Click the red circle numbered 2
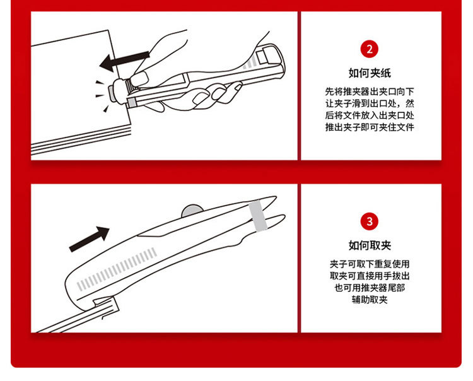(370, 49)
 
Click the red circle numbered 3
(370, 221)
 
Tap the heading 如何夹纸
(370, 73)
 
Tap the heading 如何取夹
(370, 245)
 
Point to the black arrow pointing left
(124, 61)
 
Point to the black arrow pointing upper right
(90, 238)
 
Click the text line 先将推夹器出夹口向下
(370, 91)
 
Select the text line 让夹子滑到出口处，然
(370, 103)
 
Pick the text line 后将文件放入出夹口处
(370, 115)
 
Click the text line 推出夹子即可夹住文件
(370, 127)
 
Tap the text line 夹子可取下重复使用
(370, 264)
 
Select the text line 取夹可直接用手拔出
(370, 276)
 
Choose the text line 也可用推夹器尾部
(370, 288)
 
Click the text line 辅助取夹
(370, 300)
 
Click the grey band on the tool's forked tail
(258, 215)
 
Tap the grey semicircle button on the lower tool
(192, 211)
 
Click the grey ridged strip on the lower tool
(117, 269)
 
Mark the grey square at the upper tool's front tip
(132, 102)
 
